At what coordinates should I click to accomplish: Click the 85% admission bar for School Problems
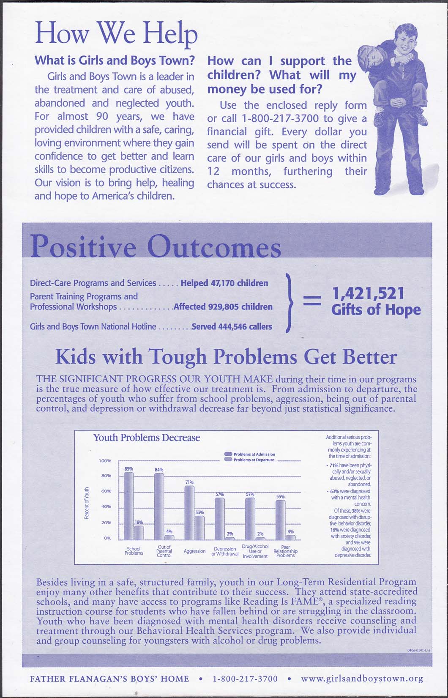pos(128,506)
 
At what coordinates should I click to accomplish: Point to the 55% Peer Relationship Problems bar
pos(280,520)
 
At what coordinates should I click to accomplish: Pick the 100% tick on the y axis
pos(105,460)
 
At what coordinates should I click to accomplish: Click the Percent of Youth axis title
pos(87,503)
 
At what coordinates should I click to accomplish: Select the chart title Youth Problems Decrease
pos(146,438)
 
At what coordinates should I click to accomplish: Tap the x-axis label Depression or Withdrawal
pos(225,551)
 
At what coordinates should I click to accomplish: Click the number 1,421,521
pos(368,293)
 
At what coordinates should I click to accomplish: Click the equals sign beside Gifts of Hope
pos(312,301)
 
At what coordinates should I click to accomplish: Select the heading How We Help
pos(116,33)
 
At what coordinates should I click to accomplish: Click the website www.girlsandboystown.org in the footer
pos(362,679)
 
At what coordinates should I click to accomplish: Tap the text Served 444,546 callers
pos(232,326)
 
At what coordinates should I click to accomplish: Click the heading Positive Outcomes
pos(156,247)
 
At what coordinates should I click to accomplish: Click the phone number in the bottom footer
pos(245,679)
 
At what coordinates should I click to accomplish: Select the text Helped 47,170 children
pos(224,283)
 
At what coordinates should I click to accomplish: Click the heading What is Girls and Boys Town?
pos(114,60)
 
